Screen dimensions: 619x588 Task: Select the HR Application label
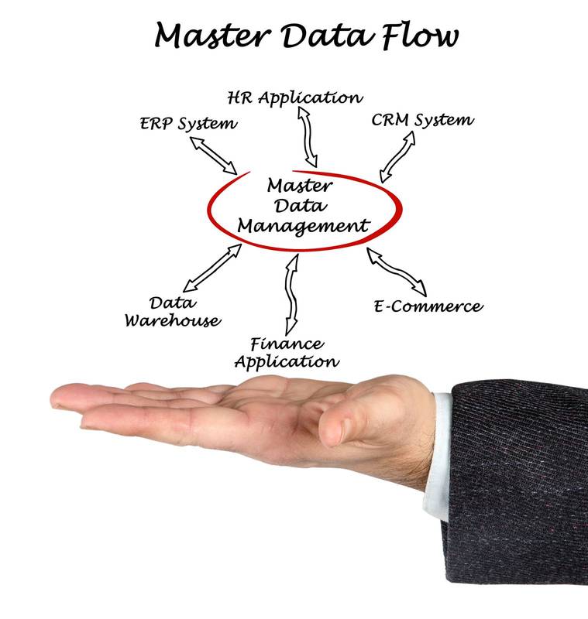point(294,98)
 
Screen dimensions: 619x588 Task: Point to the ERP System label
point(188,124)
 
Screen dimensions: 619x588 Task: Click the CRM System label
point(422,121)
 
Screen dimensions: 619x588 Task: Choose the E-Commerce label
point(428,306)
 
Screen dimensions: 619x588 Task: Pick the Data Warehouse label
point(173,311)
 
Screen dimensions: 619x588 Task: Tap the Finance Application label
point(287,353)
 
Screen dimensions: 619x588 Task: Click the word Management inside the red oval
point(303,226)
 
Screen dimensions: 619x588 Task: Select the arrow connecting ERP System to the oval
point(215,156)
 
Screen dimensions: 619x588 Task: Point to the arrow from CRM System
point(397,156)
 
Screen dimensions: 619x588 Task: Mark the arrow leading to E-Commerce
point(397,272)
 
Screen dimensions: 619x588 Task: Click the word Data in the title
point(325,36)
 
